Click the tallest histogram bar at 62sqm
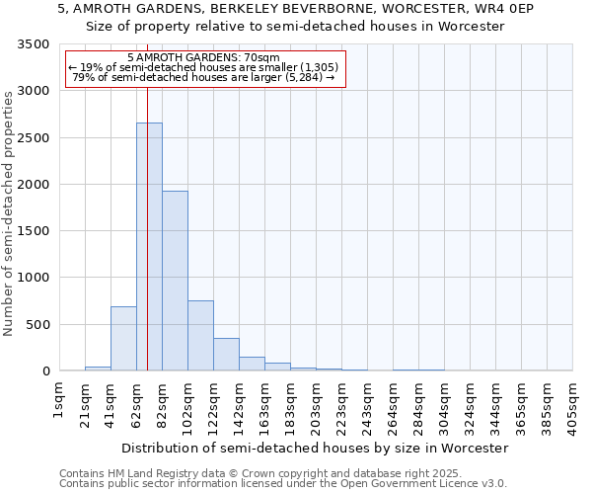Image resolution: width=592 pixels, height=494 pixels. pos(149,247)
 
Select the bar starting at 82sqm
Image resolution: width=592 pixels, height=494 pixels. pos(175,281)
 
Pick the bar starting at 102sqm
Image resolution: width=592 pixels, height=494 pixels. pos(200,335)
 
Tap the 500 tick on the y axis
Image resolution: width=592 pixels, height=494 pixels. pos(37,325)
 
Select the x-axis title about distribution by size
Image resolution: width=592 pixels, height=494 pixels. pos(314,448)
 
